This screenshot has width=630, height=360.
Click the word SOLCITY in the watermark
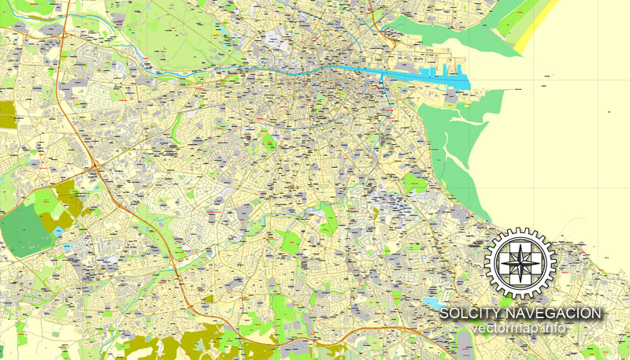(466, 314)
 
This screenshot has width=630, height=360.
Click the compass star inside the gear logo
(520, 263)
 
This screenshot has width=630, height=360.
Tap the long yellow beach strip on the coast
(535, 28)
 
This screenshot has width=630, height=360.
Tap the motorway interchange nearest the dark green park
(95, 166)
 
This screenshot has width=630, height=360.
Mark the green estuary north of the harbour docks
(441, 32)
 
